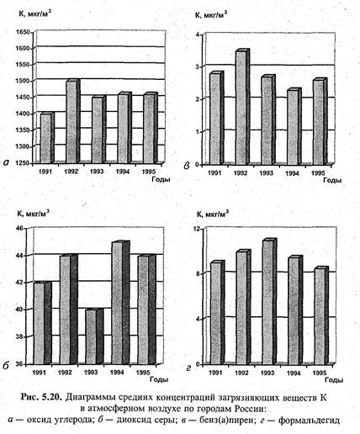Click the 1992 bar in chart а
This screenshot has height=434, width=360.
tap(73, 121)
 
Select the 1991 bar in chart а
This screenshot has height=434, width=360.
tap(47, 137)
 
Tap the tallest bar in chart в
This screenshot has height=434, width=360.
tap(242, 107)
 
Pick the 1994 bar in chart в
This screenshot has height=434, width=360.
tap(294, 126)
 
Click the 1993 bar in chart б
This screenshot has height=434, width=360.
tap(94, 336)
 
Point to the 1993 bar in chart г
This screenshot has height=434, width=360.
tap(269, 302)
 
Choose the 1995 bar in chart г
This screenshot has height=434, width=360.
tap(321, 315)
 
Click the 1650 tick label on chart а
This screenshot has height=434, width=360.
tap(24, 33)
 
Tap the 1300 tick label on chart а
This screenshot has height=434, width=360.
tap(24, 146)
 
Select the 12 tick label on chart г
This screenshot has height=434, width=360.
tap(198, 229)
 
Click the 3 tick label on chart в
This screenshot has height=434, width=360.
tap(197, 67)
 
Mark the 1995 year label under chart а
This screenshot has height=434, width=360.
tap(149, 172)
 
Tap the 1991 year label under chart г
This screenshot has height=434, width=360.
tap(215, 373)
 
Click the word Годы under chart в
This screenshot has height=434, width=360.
tap(332, 180)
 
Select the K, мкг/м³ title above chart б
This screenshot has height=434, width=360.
tap(34, 214)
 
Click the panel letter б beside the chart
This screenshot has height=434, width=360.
tap(6, 365)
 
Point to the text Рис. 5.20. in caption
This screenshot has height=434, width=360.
tap(41, 398)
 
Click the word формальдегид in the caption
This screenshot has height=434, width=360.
tap(310, 421)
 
